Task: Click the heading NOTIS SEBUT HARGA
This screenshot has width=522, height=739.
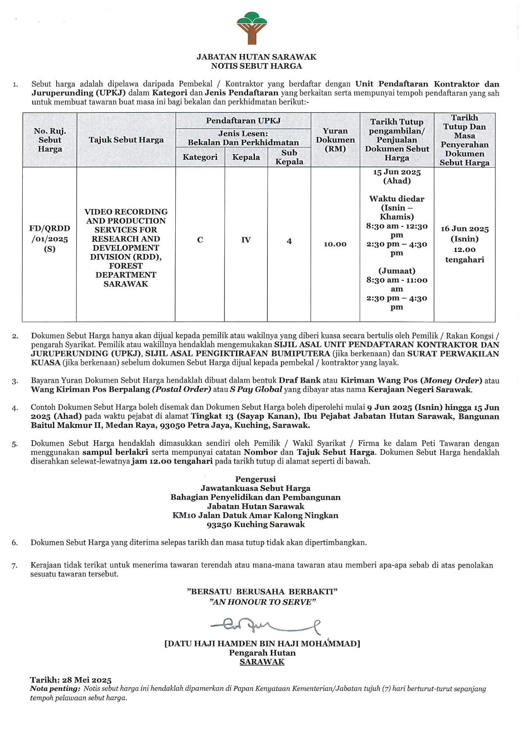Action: click(x=256, y=66)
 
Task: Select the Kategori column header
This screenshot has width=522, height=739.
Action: click(x=200, y=157)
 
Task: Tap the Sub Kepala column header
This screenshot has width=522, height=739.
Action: click(x=289, y=157)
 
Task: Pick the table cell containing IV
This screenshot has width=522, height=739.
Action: click(x=246, y=240)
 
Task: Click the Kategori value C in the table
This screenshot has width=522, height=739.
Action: click(x=200, y=240)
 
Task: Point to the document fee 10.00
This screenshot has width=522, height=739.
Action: click(x=335, y=244)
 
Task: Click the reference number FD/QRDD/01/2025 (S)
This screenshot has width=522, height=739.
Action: click(x=50, y=238)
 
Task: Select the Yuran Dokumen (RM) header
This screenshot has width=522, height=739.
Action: click(x=335, y=140)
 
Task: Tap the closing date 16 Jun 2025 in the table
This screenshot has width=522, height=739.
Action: click(x=465, y=229)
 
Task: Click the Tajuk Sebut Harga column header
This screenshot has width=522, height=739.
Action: click(x=126, y=140)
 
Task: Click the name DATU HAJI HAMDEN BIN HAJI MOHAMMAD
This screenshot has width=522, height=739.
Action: click(x=262, y=644)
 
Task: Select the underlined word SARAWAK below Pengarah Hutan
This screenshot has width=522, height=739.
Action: click(x=262, y=662)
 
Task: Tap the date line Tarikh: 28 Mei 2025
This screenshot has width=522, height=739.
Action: click(x=71, y=680)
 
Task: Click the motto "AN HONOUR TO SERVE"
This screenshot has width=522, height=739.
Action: click(x=262, y=602)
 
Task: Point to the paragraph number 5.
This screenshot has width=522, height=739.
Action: click(x=15, y=444)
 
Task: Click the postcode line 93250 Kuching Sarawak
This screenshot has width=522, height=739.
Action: click(x=256, y=525)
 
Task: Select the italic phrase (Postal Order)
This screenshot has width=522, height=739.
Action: click(x=182, y=389)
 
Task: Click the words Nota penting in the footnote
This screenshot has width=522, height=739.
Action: click(x=55, y=689)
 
